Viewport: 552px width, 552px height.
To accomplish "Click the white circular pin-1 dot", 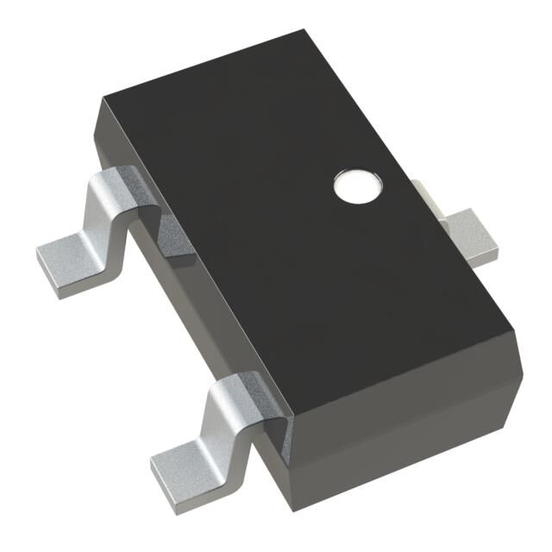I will click(x=356, y=185).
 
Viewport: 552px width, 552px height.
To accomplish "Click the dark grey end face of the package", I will click(x=405, y=431).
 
